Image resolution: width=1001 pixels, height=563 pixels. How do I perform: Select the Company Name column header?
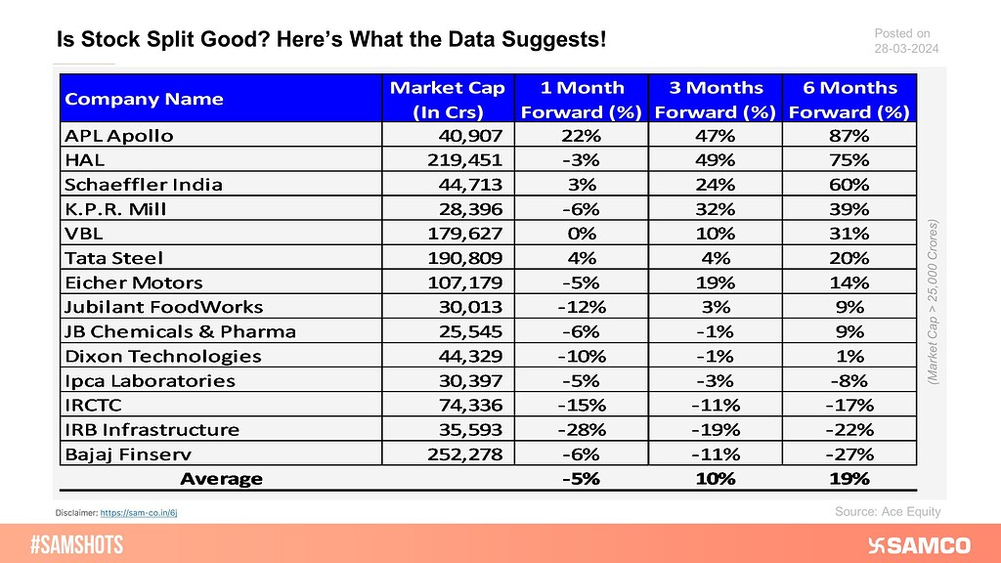click(144, 99)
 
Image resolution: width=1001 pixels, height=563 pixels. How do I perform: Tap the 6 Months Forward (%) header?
click(849, 99)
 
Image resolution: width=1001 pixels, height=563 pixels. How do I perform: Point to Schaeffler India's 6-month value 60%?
click(849, 184)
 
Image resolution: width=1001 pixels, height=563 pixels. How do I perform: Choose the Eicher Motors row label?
click(127, 282)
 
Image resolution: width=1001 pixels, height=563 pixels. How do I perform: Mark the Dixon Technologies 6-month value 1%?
click(849, 356)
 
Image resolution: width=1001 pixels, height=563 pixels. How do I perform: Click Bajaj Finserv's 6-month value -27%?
click(849, 454)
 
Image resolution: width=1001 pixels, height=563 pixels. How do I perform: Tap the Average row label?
click(221, 478)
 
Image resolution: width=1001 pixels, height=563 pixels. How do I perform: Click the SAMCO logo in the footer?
click(919, 544)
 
